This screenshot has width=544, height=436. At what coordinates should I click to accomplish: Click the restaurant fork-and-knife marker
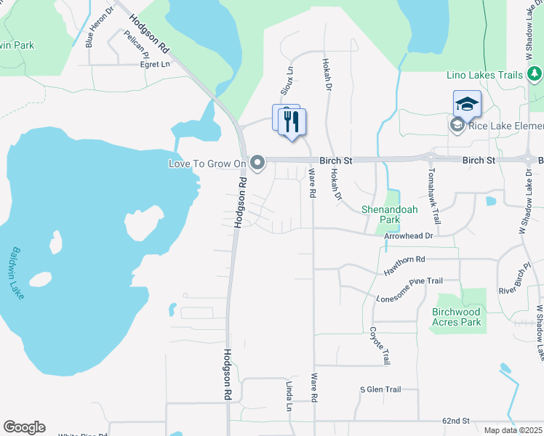coord(292,121)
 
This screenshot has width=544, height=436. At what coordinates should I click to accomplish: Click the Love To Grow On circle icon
coord(257,163)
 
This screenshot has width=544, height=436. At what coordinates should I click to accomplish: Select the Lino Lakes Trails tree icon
coord(535,74)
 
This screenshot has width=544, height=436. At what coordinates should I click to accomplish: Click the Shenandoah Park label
coord(391,214)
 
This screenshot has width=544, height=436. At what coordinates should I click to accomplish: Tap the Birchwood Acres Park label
coord(457,317)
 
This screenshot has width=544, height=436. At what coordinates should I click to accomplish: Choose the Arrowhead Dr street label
coord(409,235)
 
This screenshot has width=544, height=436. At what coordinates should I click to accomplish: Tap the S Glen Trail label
coord(380,389)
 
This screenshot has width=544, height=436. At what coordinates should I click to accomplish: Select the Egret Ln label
coord(155,64)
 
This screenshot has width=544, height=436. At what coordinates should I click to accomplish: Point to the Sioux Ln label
coord(288,81)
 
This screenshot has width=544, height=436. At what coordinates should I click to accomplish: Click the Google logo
coord(24,427)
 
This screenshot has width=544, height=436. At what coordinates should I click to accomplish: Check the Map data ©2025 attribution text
coord(513,430)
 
